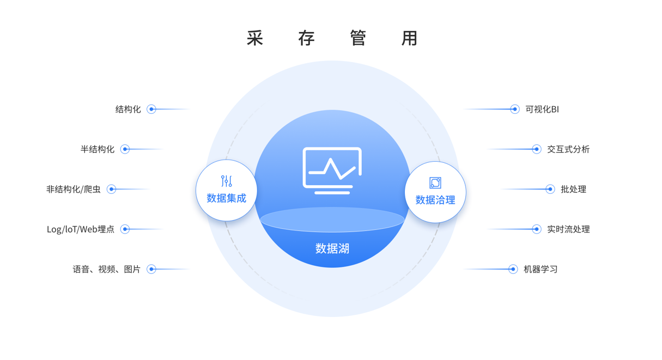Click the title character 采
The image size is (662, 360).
[x=255, y=38]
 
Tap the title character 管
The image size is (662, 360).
[x=358, y=38]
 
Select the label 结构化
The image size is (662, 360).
[x=128, y=109]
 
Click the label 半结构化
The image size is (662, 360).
[x=98, y=149]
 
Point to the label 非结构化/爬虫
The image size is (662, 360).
[x=73, y=190]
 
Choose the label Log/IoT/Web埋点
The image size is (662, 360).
[x=81, y=229]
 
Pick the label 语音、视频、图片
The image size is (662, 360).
[x=107, y=270]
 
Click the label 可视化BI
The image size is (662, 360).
[x=542, y=109]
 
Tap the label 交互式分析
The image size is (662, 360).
[x=568, y=149]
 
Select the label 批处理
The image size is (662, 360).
[x=573, y=190]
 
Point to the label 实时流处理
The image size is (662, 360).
[x=568, y=229]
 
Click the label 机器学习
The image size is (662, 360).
[x=540, y=270]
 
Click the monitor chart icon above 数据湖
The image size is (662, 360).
[x=332, y=170]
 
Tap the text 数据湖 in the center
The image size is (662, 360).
[x=332, y=249]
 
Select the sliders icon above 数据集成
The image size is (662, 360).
[x=227, y=181]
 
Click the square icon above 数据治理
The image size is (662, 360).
[x=435, y=183]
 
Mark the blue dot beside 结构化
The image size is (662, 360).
[x=151, y=109]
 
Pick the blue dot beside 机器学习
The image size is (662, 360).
[x=513, y=269]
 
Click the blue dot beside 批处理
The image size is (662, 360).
[x=550, y=190]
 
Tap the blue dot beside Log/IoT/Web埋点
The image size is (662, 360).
[x=125, y=229]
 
